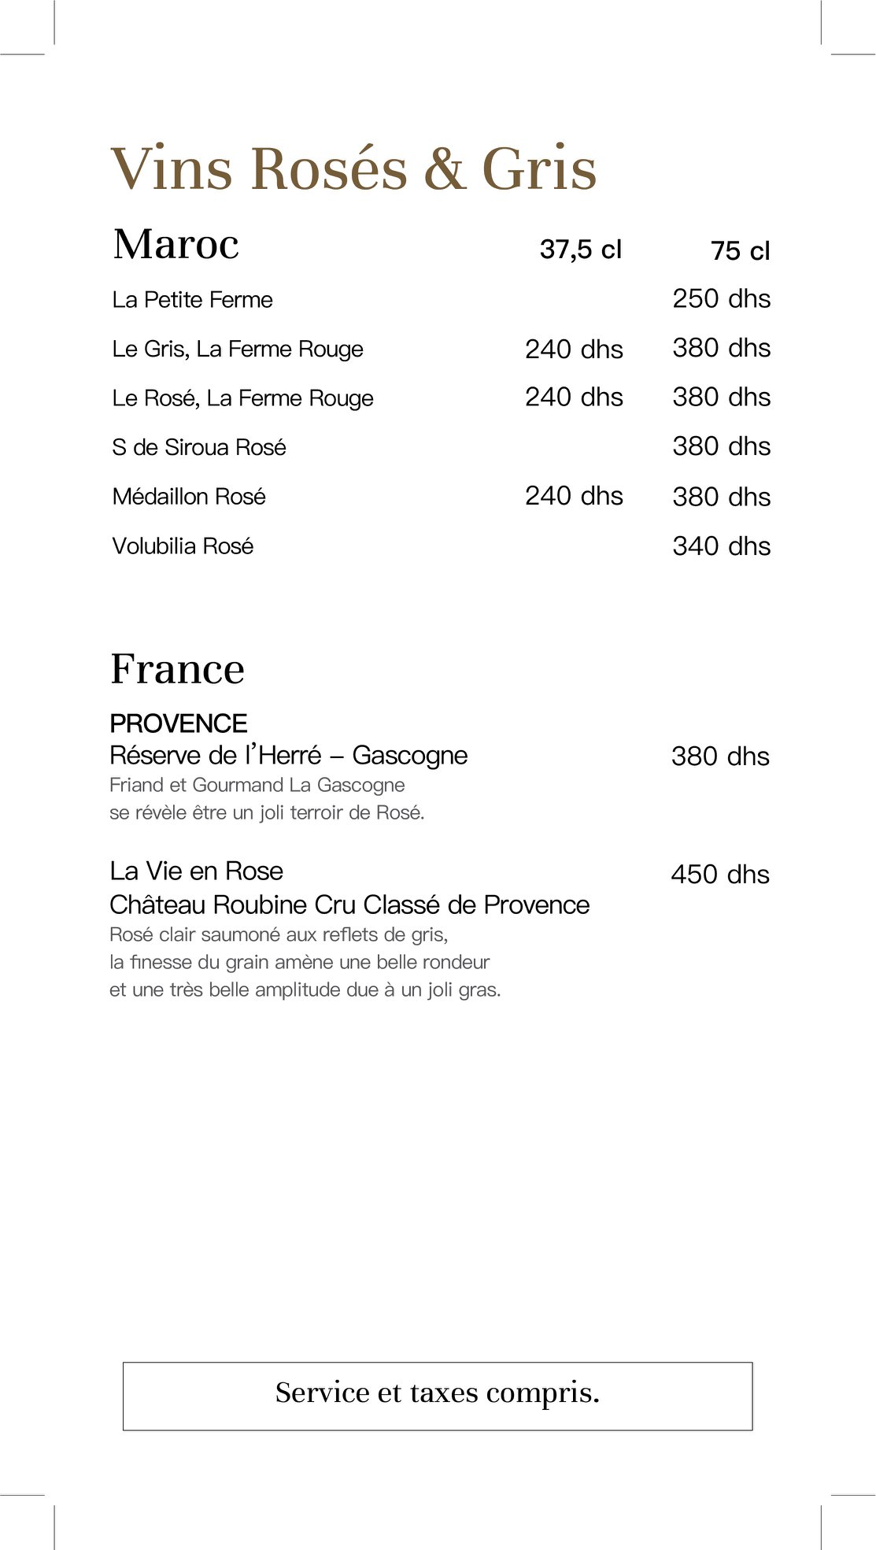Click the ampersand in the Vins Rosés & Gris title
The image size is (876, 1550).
445,169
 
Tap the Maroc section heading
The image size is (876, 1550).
176,244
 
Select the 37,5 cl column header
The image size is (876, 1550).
580,250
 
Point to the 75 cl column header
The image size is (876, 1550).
740,251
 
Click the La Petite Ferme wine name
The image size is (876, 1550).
192,300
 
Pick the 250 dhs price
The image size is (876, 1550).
721,299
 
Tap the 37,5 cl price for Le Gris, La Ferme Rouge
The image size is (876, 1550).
574,349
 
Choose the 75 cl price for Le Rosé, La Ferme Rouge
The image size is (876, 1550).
721,398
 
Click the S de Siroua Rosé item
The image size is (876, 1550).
199,447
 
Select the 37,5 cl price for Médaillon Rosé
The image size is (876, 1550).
574,496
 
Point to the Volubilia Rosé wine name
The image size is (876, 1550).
183,546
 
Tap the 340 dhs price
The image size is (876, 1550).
721,546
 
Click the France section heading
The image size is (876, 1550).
177,669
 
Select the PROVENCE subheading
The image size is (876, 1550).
179,723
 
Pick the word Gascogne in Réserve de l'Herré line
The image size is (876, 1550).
409,756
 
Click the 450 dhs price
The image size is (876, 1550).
719,875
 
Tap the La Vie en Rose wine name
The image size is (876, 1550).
196,871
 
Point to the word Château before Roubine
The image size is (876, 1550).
157,904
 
